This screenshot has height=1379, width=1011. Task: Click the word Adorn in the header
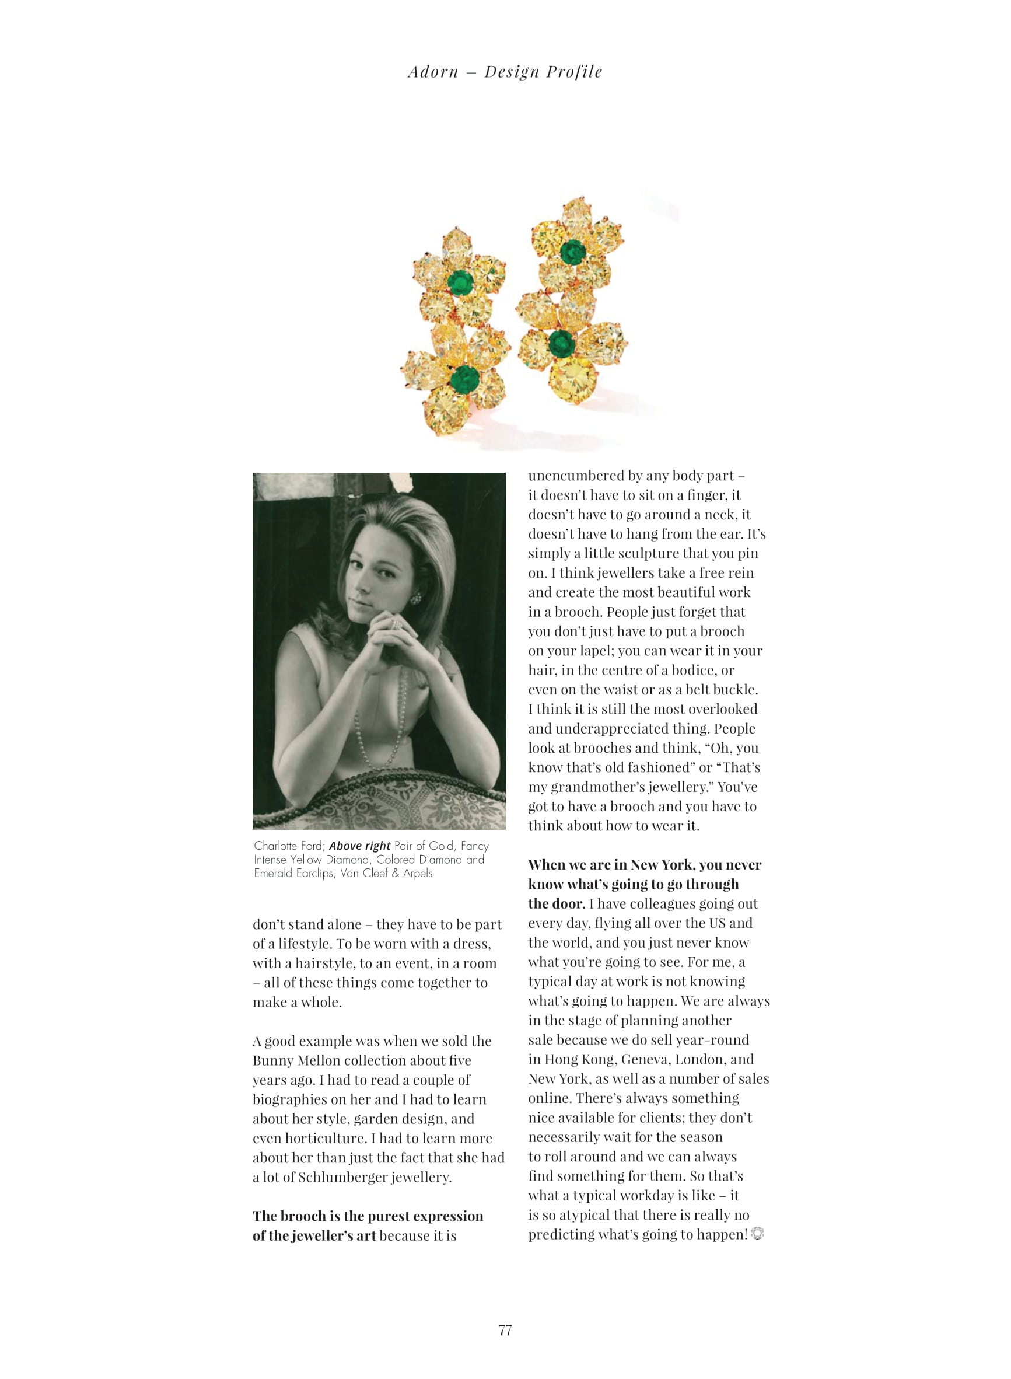pos(433,72)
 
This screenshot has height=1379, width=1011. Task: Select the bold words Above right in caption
pos(359,846)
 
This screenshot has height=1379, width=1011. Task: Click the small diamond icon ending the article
pos(757,1234)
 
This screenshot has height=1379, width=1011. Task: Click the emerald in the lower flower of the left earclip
pos(464,378)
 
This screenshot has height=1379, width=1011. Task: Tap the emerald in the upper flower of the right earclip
pos(573,251)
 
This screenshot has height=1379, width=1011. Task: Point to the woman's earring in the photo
pos(416,598)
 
